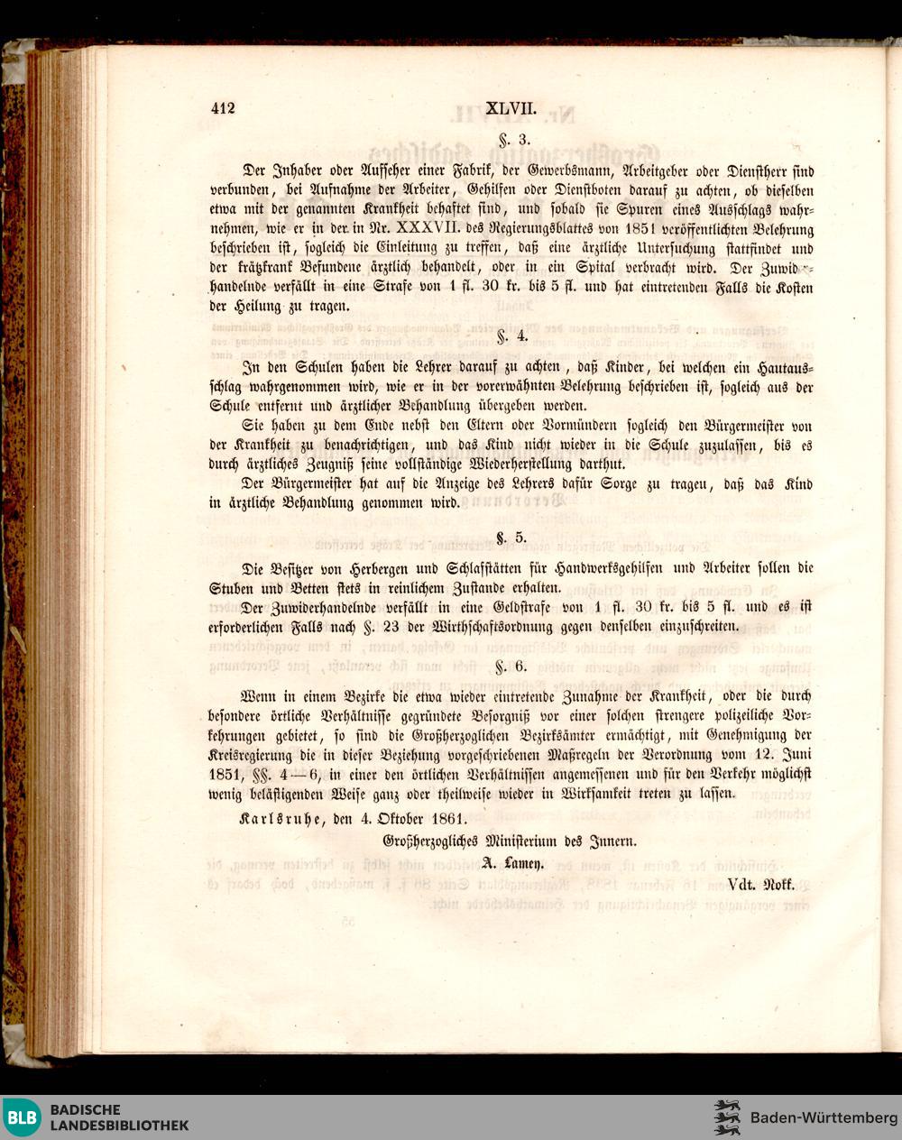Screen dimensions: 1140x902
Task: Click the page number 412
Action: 222,109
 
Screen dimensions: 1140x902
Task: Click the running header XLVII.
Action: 511,109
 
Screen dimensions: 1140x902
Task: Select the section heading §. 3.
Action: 511,140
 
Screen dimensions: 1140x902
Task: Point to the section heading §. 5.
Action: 511,538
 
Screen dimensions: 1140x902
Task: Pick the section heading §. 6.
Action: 511,667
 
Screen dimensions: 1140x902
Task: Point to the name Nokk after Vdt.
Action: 778,885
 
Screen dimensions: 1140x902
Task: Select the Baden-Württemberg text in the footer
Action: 824,1118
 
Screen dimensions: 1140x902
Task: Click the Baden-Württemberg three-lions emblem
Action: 727,1118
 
